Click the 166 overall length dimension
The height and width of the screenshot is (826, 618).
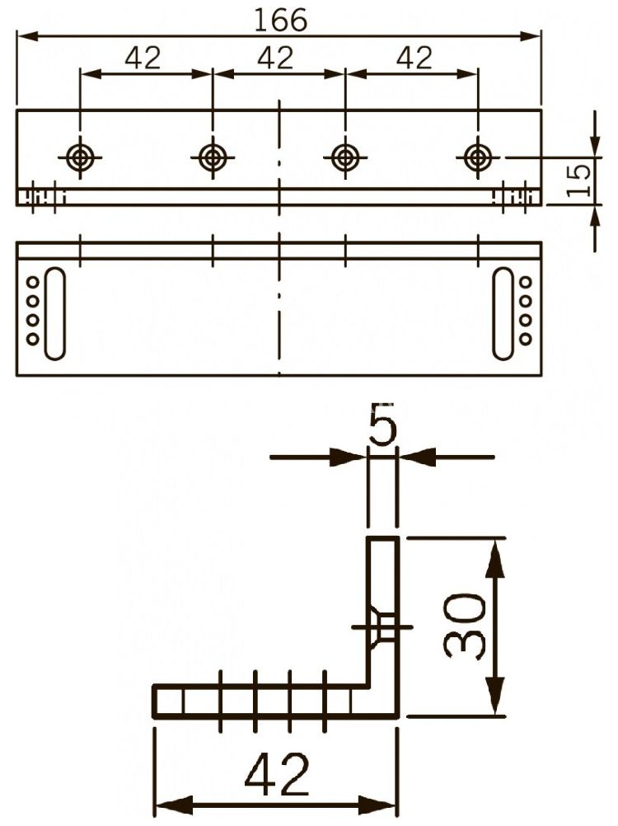click(x=280, y=20)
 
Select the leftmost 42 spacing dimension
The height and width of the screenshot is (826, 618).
click(x=143, y=58)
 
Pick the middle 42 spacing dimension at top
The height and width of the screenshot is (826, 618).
click(x=275, y=58)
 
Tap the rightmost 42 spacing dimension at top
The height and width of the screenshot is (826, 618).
click(x=414, y=58)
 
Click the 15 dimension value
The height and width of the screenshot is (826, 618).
click(x=579, y=181)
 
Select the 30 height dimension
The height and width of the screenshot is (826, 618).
click(x=464, y=626)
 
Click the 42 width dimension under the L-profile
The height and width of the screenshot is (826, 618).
click(x=277, y=773)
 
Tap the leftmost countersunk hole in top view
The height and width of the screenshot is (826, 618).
click(x=80, y=157)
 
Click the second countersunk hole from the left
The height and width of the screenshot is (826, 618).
click(x=213, y=157)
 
